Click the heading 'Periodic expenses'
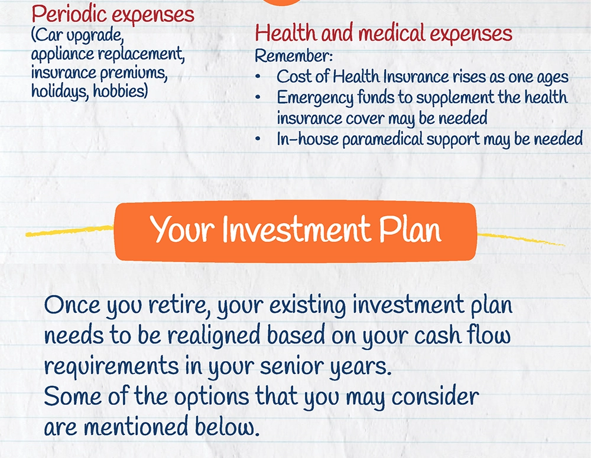pyautogui.click(x=113, y=15)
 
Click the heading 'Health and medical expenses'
pyautogui.click(x=384, y=33)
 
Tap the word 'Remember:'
pyautogui.click(x=294, y=56)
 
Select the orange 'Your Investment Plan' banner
pyautogui.click(x=295, y=231)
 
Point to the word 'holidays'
pyautogui.click(x=60, y=91)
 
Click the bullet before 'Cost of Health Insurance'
pyautogui.click(x=258, y=77)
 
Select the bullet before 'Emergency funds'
pyautogui.click(x=258, y=97)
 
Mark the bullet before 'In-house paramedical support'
pyautogui.click(x=258, y=139)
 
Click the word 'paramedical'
pyautogui.click(x=382, y=139)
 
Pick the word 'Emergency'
pyautogui.click(x=315, y=98)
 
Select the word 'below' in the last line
pyautogui.click(x=227, y=427)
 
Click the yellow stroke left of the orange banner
pyautogui.click(x=70, y=231)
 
